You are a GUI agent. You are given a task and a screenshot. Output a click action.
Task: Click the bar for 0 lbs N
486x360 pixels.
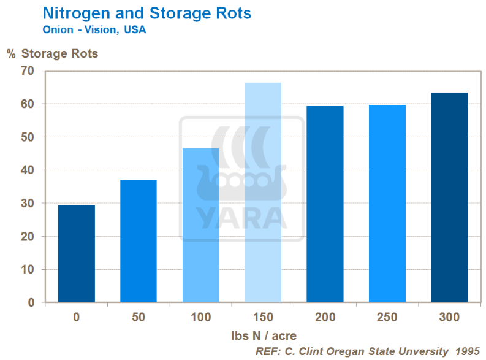76,253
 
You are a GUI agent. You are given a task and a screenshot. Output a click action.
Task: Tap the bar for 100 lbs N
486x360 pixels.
200,225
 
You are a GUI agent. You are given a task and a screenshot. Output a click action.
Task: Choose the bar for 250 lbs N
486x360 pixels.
387,203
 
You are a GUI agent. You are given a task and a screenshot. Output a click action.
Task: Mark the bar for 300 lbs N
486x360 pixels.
449,197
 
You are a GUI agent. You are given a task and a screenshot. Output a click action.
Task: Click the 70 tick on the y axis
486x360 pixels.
28,71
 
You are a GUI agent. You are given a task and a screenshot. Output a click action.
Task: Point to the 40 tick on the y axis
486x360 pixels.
28,170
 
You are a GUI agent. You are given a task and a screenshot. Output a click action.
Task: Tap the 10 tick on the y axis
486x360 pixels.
28,269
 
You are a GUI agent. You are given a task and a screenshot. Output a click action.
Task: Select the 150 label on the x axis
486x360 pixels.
263,317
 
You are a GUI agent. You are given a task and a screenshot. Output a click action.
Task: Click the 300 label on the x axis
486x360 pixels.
449,317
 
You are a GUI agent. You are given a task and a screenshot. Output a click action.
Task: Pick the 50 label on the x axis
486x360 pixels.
139,317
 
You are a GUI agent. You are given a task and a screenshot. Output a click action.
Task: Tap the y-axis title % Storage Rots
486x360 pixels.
53,53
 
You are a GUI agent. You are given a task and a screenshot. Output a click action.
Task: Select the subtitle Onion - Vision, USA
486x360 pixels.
94,29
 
